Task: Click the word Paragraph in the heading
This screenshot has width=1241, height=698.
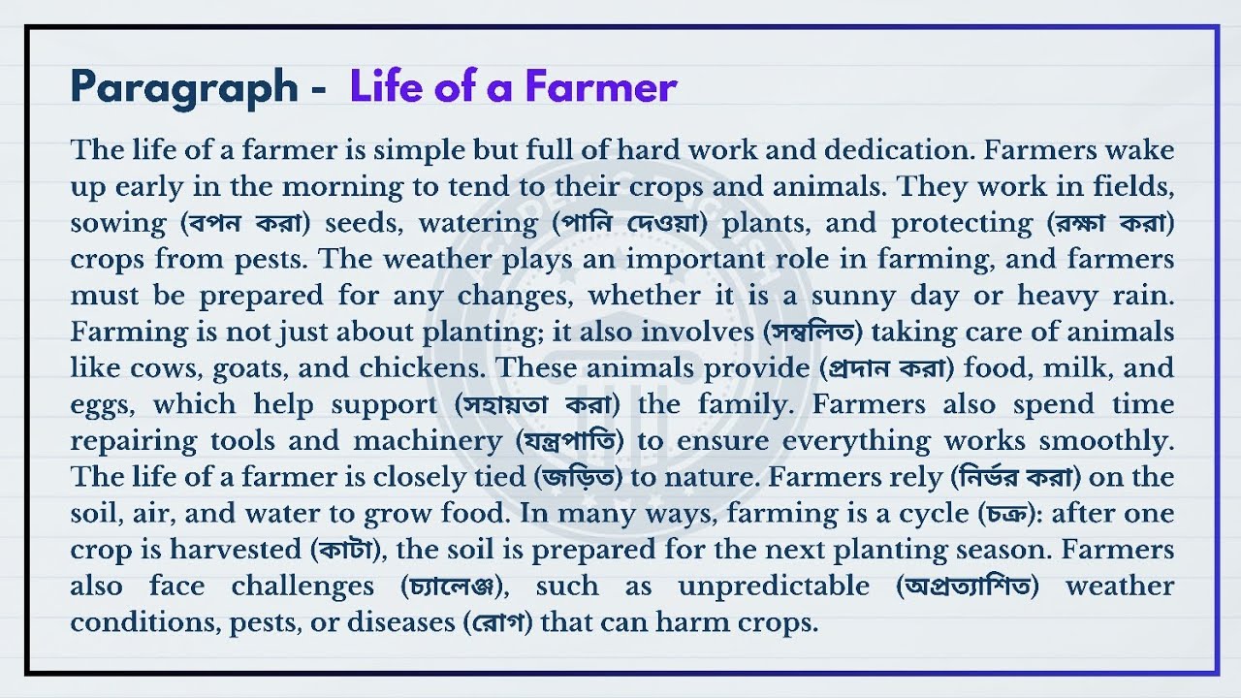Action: [184, 87]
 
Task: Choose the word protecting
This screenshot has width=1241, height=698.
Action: [962, 223]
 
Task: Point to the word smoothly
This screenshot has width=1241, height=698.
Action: [1106, 441]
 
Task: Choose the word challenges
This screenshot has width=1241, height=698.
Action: [302, 587]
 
